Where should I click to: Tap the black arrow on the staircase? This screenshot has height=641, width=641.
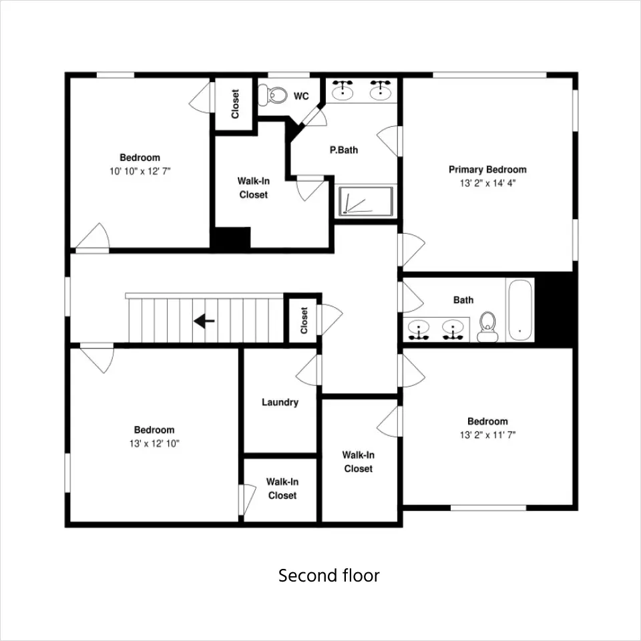[204, 321]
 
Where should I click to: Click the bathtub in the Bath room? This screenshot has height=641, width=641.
[520, 310]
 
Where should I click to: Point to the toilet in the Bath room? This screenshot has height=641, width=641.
[487, 327]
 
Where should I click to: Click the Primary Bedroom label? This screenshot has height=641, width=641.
[487, 169]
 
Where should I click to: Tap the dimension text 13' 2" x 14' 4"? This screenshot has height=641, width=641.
[487, 183]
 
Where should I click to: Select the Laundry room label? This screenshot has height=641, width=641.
[280, 402]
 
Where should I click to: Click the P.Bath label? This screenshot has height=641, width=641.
[344, 150]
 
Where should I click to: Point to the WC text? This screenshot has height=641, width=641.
[301, 96]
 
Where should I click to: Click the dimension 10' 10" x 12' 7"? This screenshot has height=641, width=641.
[140, 172]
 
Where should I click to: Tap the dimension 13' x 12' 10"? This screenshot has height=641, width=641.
[154, 443]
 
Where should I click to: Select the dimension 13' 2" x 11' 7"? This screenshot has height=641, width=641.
[487, 435]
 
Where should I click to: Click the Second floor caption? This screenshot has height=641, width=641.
[329, 576]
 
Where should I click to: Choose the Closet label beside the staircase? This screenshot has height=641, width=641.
[304, 320]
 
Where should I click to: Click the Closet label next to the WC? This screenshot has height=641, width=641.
[235, 104]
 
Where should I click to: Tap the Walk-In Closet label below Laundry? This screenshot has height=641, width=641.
[282, 489]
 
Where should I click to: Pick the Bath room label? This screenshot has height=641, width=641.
[463, 300]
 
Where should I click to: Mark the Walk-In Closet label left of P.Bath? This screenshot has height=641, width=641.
[254, 188]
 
